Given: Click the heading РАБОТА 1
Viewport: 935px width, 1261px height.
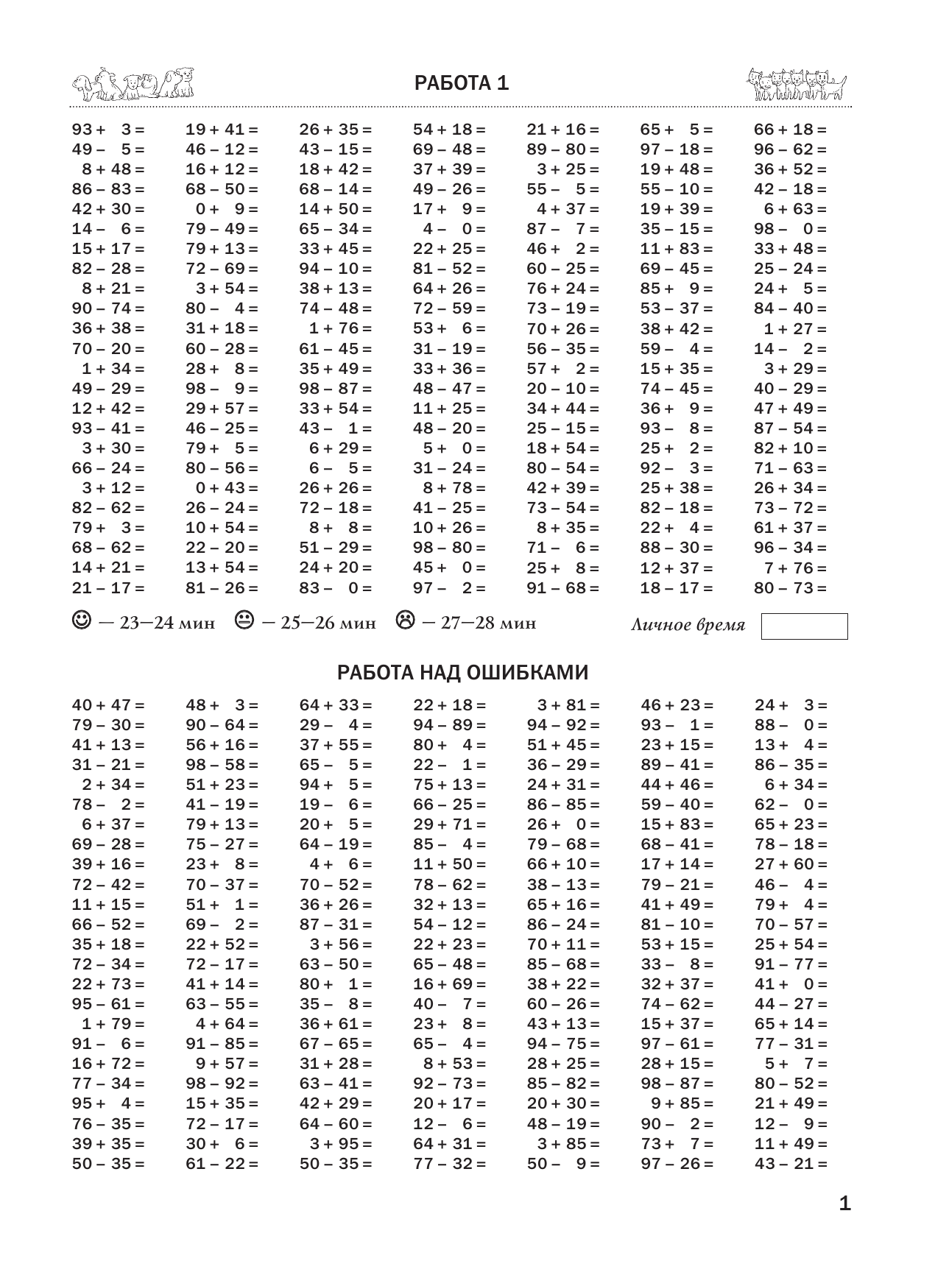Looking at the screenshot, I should (x=462, y=83).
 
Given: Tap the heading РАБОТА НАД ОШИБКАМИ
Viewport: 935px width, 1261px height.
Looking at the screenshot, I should (x=462, y=672).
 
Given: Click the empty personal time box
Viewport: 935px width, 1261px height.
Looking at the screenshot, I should (x=804, y=626).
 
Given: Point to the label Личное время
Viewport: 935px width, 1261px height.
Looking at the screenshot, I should (x=688, y=626).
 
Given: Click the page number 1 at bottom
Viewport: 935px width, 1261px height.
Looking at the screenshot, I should (x=844, y=1205).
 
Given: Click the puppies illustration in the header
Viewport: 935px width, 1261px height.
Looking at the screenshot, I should (x=135, y=83).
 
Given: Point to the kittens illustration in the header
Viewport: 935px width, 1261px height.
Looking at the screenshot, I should (x=796, y=83).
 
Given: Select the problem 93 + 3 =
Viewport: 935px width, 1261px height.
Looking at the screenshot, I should (x=108, y=130).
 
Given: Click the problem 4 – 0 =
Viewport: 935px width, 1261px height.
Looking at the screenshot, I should (x=449, y=229).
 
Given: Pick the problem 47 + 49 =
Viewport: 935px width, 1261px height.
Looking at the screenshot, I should (x=790, y=409).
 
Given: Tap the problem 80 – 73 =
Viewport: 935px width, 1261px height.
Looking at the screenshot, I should (x=790, y=587).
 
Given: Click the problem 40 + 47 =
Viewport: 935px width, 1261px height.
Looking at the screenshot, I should (x=108, y=705).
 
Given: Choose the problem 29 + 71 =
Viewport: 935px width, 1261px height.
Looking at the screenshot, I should (x=449, y=824).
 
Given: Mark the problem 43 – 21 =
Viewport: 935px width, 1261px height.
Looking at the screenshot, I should (x=791, y=1164).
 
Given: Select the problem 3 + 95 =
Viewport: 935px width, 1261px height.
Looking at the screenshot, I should (x=336, y=1144).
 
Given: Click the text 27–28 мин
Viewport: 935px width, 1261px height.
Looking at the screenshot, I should (x=482, y=623).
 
